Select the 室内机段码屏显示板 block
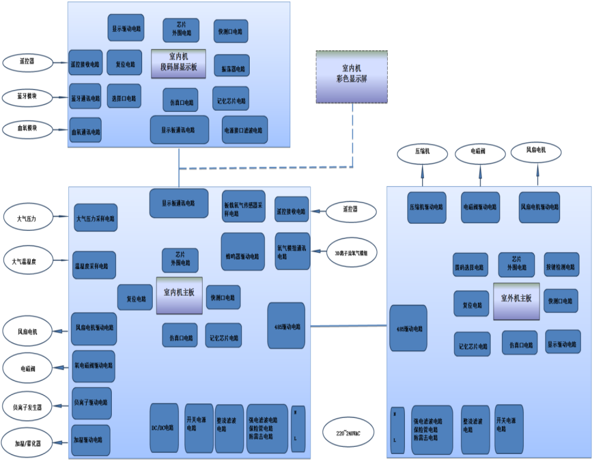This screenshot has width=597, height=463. coord(178,64)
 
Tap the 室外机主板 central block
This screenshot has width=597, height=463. coord(516,298)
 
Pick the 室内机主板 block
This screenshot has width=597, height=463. coord(179,295)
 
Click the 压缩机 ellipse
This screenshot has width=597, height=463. coord(422,152)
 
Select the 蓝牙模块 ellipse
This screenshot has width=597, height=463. coord(27,96)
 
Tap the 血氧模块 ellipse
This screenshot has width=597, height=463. coord(27,128)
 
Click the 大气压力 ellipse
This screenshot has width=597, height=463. coord(27,218)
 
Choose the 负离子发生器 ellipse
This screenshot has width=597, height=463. coord(27,408)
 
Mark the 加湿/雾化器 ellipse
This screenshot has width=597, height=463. coord(27,442)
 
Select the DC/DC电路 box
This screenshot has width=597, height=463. coord(164,428)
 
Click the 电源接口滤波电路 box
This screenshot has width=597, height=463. coord(245,130)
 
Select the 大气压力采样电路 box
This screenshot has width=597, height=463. coord(96,218)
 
